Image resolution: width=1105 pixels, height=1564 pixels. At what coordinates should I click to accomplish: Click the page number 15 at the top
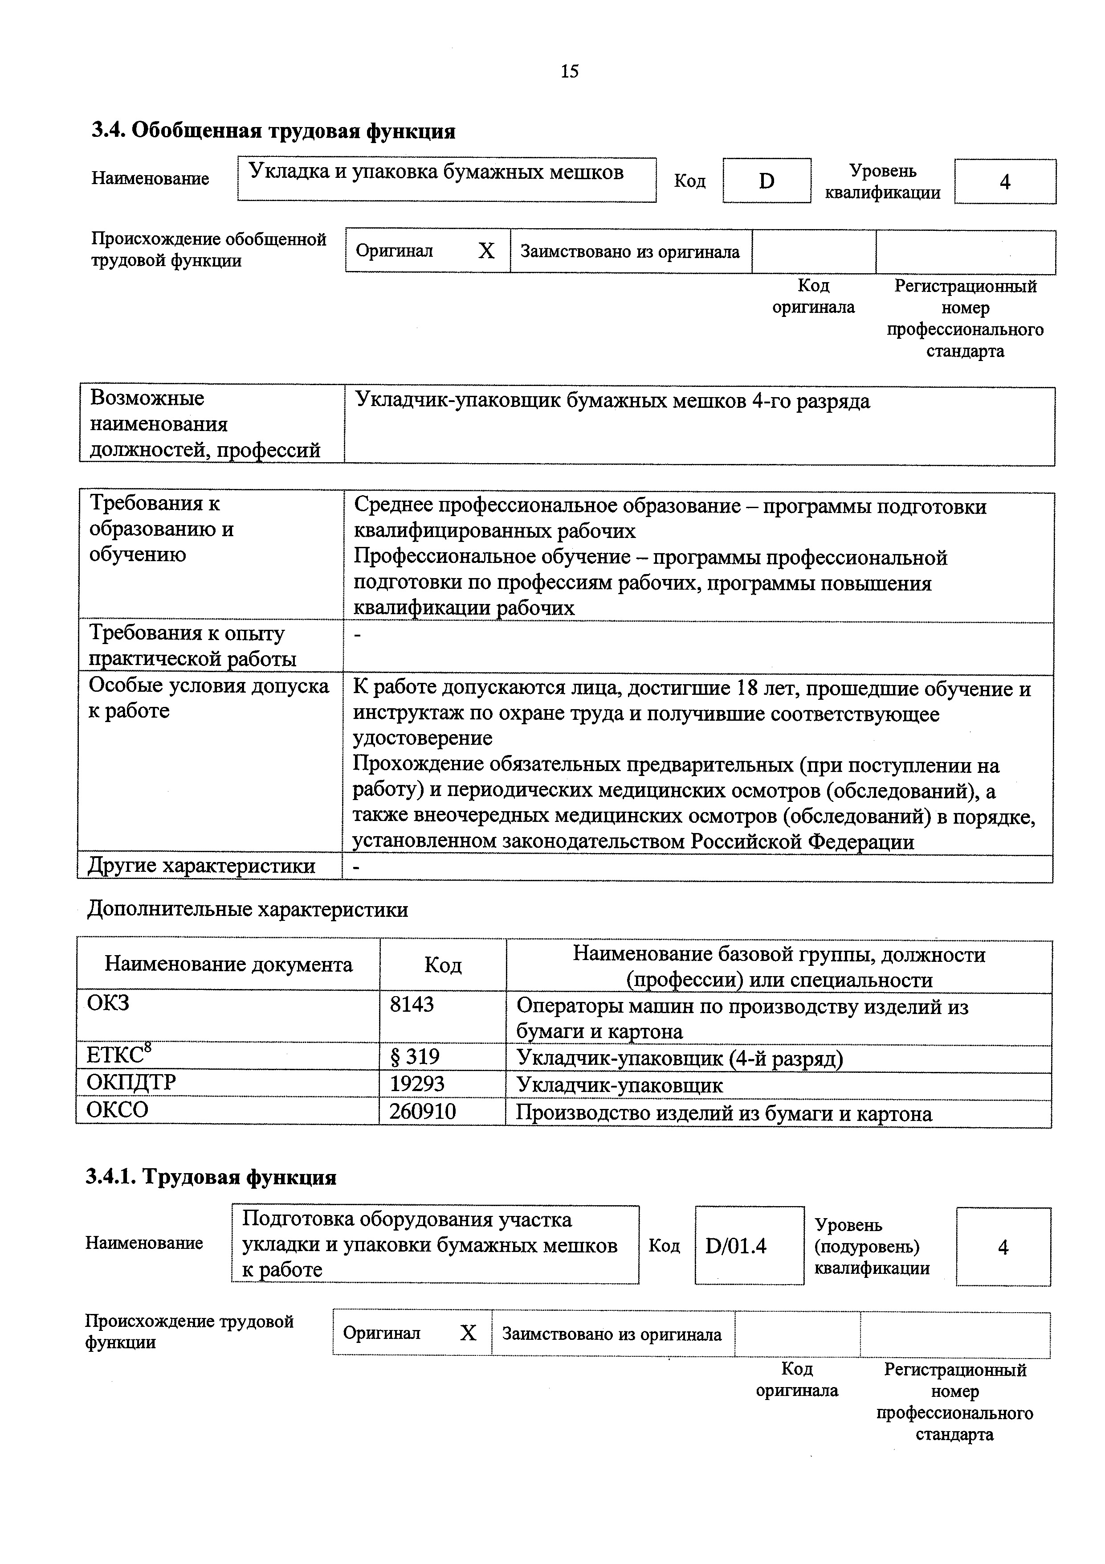[x=569, y=71]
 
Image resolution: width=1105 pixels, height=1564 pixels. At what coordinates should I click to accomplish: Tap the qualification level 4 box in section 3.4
[x=1004, y=182]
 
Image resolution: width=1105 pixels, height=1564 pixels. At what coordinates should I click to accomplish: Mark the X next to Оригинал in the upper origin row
[x=486, y=251]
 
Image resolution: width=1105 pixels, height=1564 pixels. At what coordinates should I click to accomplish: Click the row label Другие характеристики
[x=201, y=866]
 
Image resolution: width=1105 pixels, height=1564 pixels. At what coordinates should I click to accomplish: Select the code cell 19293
[x=417, y=1084]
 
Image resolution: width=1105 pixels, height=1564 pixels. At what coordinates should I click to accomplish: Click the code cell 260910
[x=422, y=1111]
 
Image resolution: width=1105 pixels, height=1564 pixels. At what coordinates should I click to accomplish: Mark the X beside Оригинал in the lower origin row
[x=468, y=1333]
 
